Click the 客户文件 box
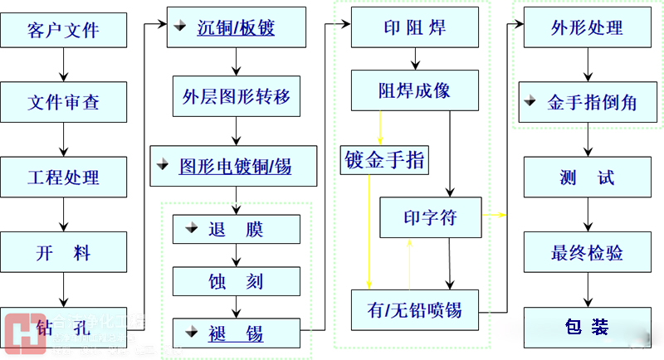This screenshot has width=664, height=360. [64, 31]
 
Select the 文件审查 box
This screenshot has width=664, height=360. [64, 104]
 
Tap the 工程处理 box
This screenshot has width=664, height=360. [64, 178]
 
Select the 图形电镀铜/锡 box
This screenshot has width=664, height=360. [235, 166]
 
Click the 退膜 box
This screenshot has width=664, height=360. [236, 230]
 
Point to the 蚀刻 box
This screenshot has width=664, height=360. [236, 282]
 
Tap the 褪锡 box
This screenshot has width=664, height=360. [236, 333]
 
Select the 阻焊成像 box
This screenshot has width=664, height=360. [414, 90]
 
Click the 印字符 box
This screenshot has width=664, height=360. [430, 218]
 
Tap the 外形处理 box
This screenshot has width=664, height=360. [587, 29]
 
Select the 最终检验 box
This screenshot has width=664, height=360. [587, 253]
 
